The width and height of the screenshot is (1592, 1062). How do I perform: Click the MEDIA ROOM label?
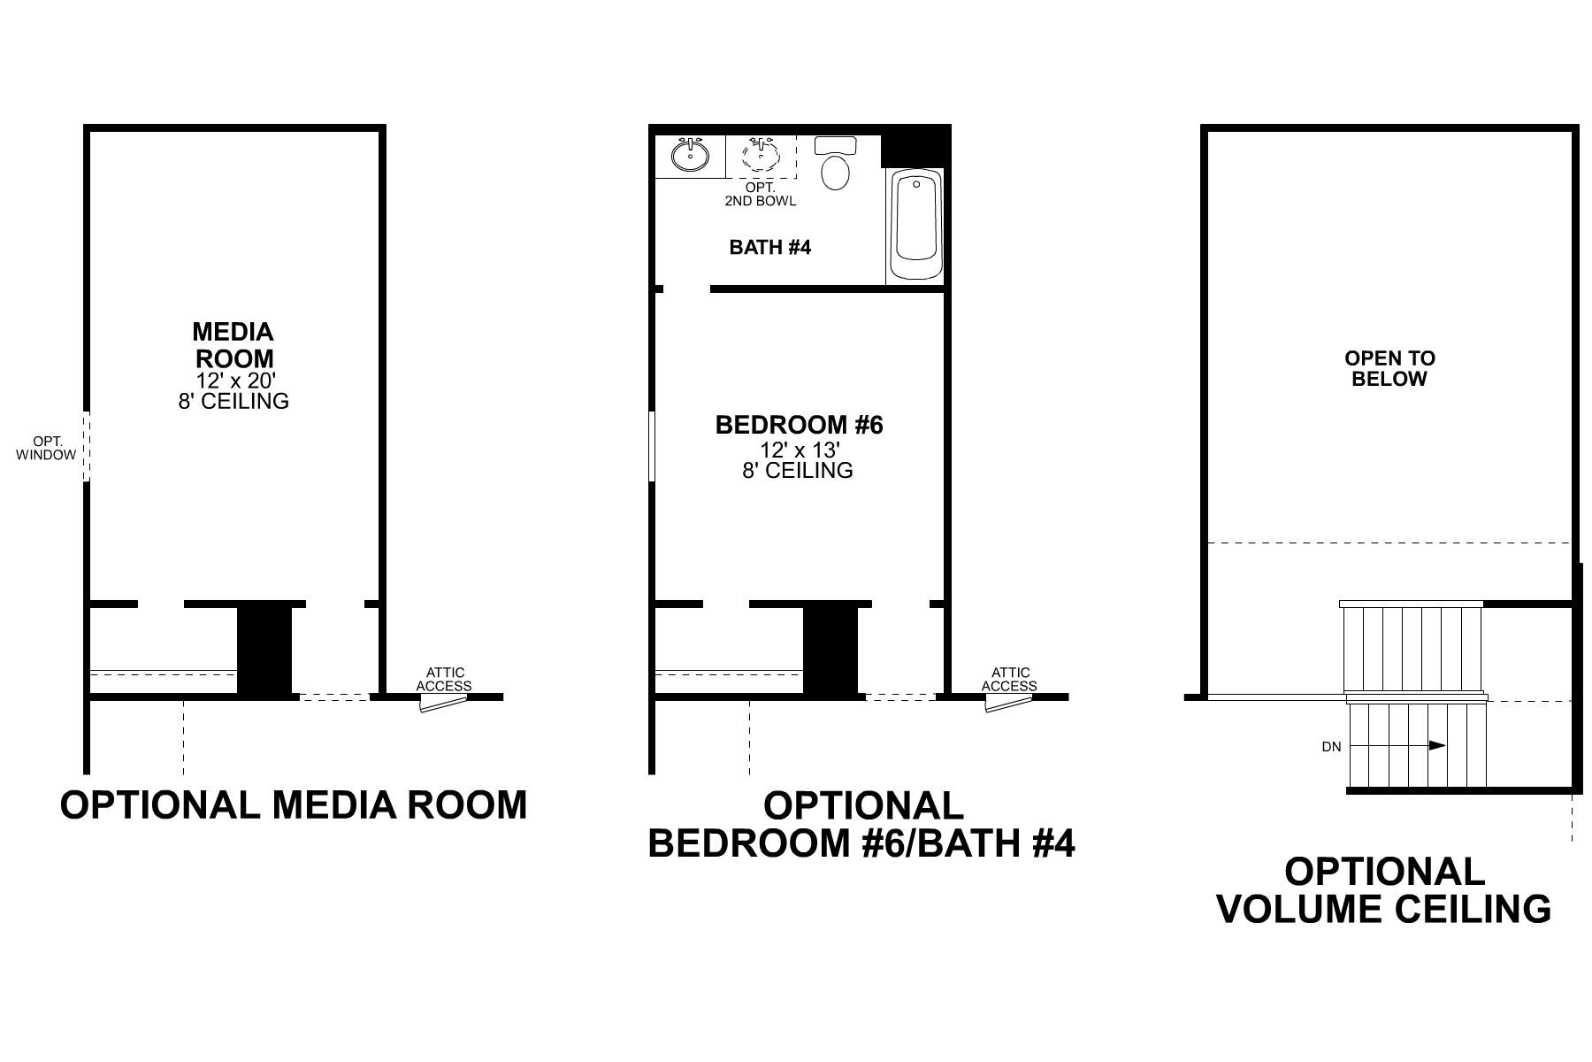point(233,345)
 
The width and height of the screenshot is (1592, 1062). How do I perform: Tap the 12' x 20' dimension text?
point(233,381)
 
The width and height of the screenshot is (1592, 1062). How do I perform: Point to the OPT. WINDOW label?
point(46,448)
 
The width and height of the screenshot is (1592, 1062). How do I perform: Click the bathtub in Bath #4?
point(915,227)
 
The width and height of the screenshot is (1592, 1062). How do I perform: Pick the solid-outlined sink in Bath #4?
point(690,156)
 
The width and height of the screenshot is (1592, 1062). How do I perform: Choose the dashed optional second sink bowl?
point(762,156)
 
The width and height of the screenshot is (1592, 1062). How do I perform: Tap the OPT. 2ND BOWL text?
point(761,195)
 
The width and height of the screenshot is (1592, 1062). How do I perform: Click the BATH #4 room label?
point(769,248)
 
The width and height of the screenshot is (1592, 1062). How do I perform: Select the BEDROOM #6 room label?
point(800,426)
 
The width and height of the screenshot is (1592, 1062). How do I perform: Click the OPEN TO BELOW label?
point(1389,369)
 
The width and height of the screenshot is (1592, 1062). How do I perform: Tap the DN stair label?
point(1331,747)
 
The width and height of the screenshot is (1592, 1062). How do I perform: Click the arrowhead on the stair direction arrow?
point(1438,745)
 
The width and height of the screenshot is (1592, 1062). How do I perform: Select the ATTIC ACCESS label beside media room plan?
point(444,680)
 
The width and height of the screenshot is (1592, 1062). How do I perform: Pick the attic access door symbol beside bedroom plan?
point(1009,703)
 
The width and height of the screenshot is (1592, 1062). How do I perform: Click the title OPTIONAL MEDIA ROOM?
point(294,805)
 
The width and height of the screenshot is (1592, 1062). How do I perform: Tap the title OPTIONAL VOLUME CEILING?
point(1384,890)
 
